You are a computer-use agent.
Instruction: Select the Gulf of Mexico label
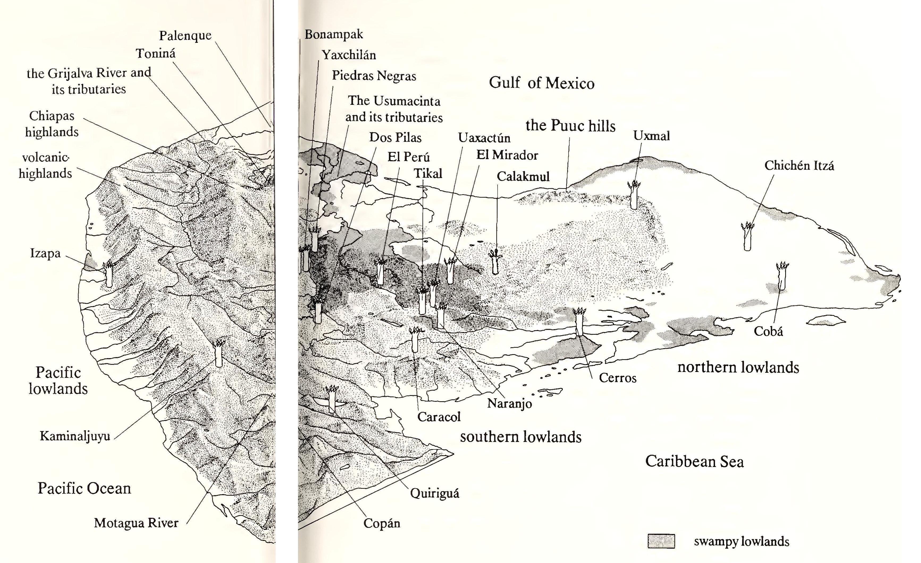tap(542, 83)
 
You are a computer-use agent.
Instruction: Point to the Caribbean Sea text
tap(695, 461)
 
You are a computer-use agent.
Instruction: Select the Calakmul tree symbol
tap(495, 262)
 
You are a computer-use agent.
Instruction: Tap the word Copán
tap(382, 523)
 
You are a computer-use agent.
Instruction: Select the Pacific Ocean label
tap(84, 488)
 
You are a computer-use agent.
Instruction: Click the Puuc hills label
tap(570, 126)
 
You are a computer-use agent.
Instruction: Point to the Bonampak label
tap(334, 34)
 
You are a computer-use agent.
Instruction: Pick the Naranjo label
tap(510, 403)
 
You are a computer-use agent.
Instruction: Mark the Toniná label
tap(155, 53)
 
